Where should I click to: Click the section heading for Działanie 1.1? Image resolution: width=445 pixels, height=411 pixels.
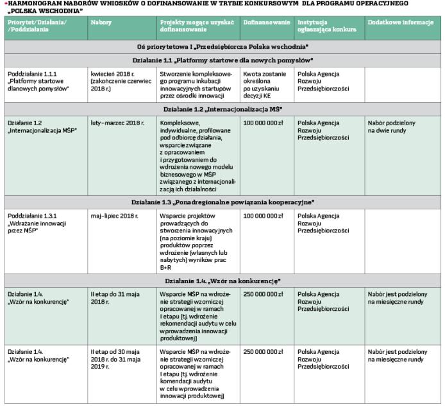tap(222, 60)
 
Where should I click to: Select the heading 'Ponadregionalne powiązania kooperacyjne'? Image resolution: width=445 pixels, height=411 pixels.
tap(222, 202)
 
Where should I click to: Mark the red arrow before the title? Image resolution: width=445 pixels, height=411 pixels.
tap(3, 3)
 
